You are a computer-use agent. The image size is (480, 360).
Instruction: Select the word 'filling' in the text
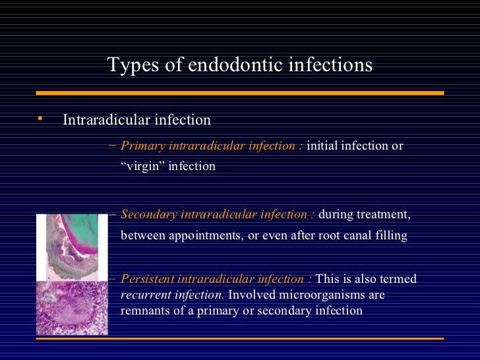(x=392, y=235)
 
